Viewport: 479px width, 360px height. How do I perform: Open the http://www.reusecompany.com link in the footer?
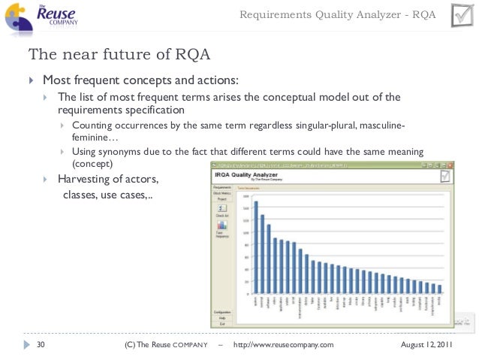284,344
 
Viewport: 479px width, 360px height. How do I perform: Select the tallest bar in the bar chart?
256,247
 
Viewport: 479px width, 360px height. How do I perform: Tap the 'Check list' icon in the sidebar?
221,209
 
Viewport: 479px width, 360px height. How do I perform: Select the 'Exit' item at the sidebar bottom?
221,323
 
